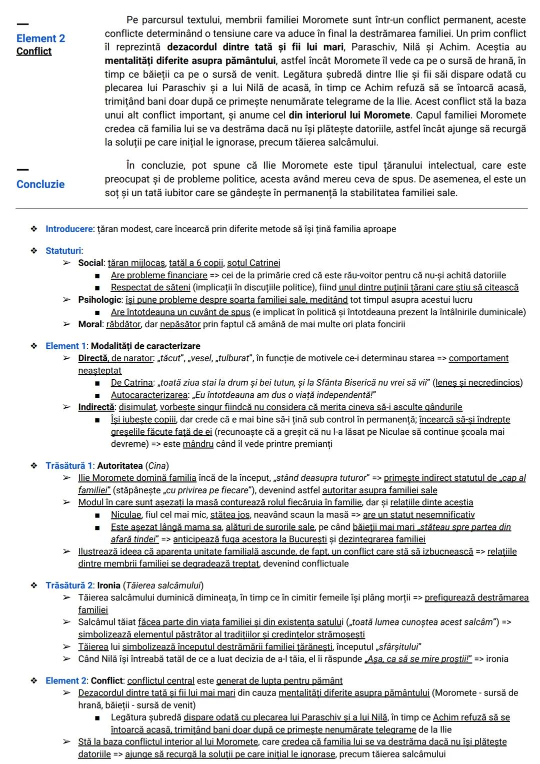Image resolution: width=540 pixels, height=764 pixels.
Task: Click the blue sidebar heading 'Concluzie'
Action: pos(40,184)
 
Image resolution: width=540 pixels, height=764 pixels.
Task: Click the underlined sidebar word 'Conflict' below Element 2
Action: pos(34,52)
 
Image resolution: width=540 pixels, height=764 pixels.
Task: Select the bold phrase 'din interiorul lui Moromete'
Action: pos(349,115)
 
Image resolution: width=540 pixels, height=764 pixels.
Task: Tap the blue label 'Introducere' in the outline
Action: pos(69,229)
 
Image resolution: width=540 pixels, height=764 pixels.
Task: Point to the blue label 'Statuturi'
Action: pos(63,251)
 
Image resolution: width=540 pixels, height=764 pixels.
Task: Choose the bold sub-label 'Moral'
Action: pos(90,324)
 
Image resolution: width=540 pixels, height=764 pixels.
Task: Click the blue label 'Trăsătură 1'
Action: pos(69,466)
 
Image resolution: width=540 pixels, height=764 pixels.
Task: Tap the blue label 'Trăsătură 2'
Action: pos(69,585)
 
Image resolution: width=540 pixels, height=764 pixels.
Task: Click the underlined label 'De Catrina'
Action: pos(131,383)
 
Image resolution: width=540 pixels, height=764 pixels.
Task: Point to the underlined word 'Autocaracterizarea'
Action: pos(149,395)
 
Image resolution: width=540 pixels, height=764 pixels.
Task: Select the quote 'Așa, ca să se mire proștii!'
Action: pos(418,659)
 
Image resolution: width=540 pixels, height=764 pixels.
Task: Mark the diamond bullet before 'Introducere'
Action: pos(34,229)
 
